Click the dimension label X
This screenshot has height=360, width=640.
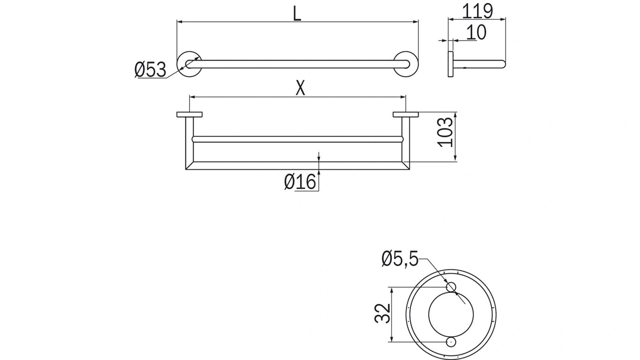pos(300,89)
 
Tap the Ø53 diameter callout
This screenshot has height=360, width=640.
pos(150,70)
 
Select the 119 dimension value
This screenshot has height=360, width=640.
pos(477,11)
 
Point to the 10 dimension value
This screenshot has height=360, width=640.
pos(476,32)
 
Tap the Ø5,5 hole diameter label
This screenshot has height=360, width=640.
pos(400,259)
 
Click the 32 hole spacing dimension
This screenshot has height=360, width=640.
pos(383,314)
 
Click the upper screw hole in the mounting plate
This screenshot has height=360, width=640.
pos(451,287)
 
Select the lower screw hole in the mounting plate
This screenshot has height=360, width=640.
pos(451,342)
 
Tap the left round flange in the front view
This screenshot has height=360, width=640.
pos(189,64)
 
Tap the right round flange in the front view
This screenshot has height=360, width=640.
pos(406,64)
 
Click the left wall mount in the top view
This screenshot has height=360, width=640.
pos(189,115)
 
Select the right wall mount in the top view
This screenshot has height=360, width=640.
pos(405,115)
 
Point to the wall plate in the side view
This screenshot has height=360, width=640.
pos(450,64)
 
